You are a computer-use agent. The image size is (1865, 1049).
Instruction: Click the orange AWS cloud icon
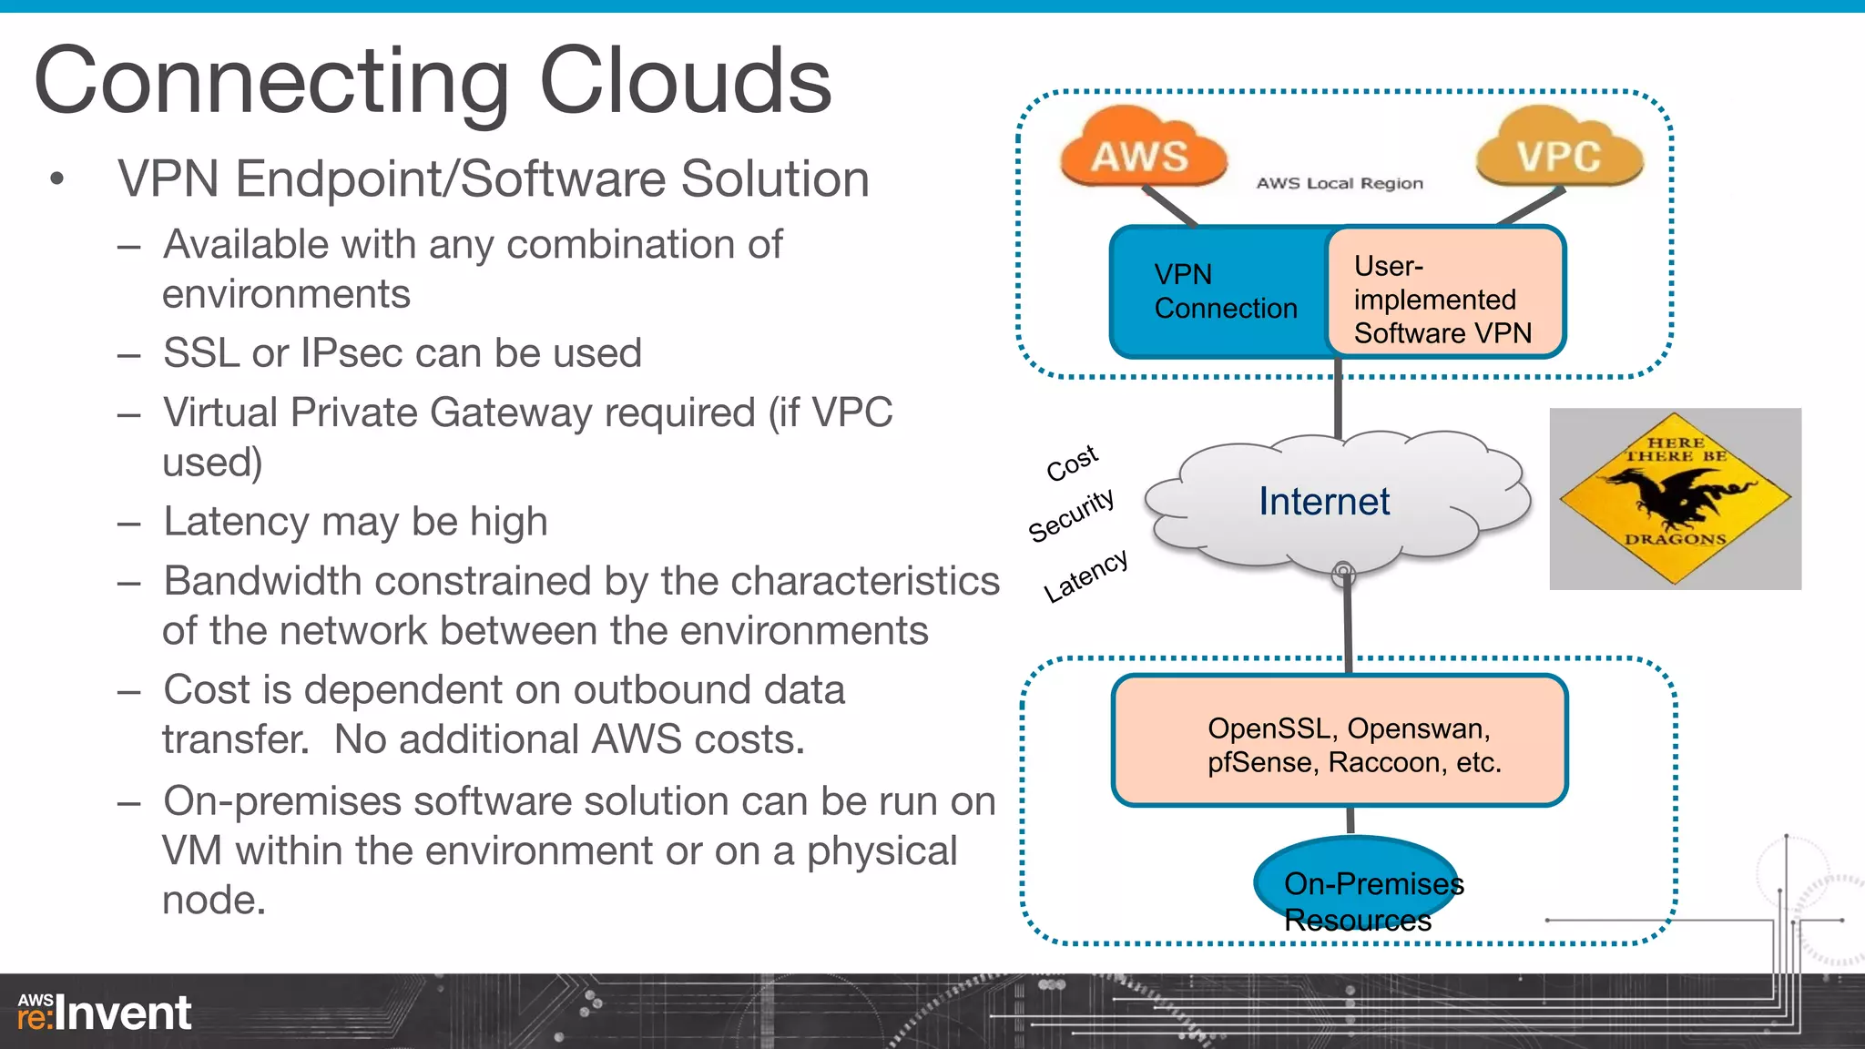click(1142, 150)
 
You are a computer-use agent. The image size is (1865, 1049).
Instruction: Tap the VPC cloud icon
click(1559, 150)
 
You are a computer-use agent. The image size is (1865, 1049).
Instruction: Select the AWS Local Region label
click(1340, 183)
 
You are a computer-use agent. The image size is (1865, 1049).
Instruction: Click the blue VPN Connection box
click(1220, 291)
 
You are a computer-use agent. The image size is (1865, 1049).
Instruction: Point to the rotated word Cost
click(1072, 463)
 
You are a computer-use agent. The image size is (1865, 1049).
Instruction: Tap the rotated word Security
click(1071, 514)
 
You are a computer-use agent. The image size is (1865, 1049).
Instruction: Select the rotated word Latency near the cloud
click(1085, 575)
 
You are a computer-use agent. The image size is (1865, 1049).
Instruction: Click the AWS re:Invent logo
click(104, 1013)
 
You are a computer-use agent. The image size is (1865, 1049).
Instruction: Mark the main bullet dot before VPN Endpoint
click(57, 179)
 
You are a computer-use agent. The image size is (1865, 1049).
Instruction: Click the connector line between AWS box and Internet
click(1338, 401)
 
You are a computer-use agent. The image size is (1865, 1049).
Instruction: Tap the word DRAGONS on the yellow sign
click(1675, 539)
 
